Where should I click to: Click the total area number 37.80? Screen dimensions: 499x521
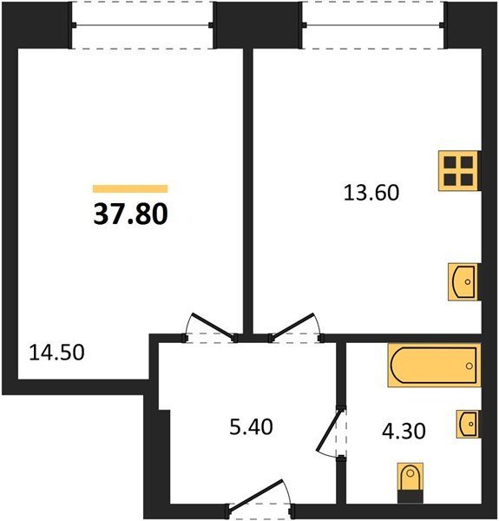131,214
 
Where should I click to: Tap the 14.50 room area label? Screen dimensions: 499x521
56,353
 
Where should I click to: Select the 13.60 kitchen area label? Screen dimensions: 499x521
371,193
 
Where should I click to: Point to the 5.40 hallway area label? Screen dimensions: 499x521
251,427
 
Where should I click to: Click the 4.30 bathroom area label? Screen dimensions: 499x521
404,432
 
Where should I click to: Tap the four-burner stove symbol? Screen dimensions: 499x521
459,171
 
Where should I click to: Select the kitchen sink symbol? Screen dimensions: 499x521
464,281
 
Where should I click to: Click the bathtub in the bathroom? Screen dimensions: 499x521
434,366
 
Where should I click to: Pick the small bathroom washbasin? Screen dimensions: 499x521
469,424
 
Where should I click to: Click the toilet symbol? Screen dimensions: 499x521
410,482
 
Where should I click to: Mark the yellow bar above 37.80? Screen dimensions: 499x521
130,188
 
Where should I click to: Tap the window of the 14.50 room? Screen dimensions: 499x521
142,25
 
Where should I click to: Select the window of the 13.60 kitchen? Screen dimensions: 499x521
373,25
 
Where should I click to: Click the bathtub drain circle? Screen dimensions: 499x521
469,366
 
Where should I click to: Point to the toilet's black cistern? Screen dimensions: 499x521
410,496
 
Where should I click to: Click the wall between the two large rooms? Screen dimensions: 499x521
247,191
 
